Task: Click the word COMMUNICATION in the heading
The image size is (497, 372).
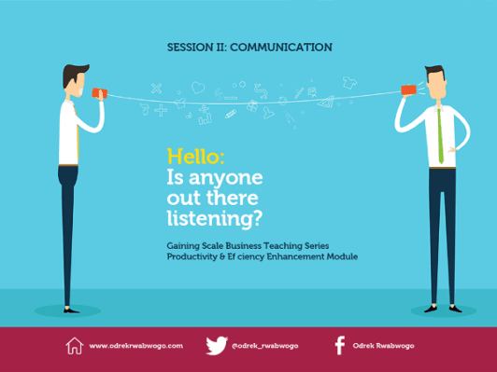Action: [x=281, y=48]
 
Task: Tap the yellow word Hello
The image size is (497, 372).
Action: [x=193, y=156]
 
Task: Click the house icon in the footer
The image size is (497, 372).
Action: [x=75, y=345]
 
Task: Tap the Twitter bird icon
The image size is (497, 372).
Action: [x=217, y=345]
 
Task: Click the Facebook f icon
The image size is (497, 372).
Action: [x=340, y=345]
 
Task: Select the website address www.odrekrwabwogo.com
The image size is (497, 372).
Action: [x=136, y=346]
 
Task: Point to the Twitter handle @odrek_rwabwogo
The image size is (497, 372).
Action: [x=265, y=346]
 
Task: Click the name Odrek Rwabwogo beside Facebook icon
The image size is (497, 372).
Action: [x=384, y=346]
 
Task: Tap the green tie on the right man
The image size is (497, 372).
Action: [x=440, y=136]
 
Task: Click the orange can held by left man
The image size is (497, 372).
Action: [x=99, y=93]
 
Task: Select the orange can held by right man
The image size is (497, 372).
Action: [x=408, y=90]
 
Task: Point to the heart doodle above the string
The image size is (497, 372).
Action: [x=198, y=88]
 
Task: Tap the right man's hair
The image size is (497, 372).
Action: [x=435, y=72]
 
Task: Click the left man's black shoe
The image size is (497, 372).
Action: [x=71, y=310]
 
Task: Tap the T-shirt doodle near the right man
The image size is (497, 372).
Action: [x=349, y=83]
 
